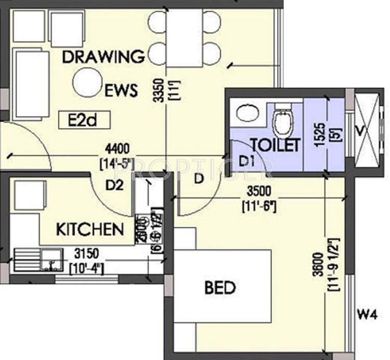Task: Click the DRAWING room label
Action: [103, 57]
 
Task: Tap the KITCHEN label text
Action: [89, 229]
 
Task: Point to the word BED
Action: [220, 287]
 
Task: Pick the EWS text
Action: [121, 91]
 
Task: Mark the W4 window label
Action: [367, 314]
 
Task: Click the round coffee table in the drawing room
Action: [87, 83]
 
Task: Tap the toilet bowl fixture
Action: [283, 122]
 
